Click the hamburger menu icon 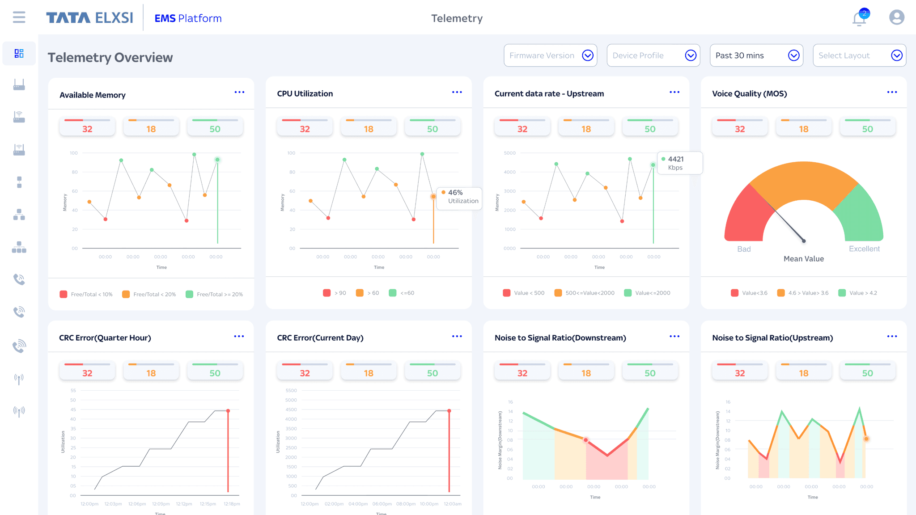click(19, 17)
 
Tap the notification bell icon click(859, 19)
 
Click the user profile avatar click(896, 17)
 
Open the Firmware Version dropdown click(550, 55)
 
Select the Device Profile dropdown click(653, 55)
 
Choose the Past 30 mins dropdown click(756, 55)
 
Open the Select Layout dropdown click(859, 55)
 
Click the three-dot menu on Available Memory click(239, 92)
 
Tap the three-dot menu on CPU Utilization click(457, 92)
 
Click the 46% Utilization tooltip click(459, 197)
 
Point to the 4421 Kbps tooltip click(679, 163)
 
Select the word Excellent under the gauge click(864, 249)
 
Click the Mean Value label click(803, 259)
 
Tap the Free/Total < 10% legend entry click(86, 294)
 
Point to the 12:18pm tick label click(232, 504)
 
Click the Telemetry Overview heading click(110, 58)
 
